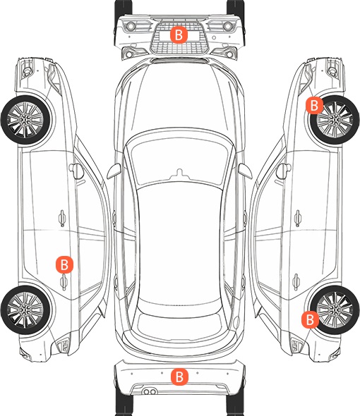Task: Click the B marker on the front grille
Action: pyautogui.click(x=179, y=35)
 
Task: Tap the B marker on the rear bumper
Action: pyautogui.click(x=179, y=377)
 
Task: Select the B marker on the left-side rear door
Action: pyautogui.click(x=64, y=264)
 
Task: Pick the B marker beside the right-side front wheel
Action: pyautogui.click(x=314, y=105)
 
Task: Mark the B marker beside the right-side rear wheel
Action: pyautogui.click(x=310, y=319)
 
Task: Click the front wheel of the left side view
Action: pyautogui.click(x=25, y=120)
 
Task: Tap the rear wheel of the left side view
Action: pyautogui.click(x=25, y=310)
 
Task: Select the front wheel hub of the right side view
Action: pyautogui.click(x=335, y=120)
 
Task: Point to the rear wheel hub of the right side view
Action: pyautogui.click(x=335, y=310)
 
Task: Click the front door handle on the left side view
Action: pyautogui.click(x=62, y=218)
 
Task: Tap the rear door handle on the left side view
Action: pyautogui.click(x=64, y=282)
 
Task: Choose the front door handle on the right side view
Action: pyautogui.click(x=298, y=218)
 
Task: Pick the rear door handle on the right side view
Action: pyautogui.click(x=296, y=282)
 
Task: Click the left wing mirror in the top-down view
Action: pyautogui.click(x=114, y=171)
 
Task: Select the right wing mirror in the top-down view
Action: pyautogui.click(x=245, y=171)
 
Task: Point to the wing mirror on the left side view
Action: pyautogui.click(x=76, y=171)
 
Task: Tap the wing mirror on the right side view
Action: pyautogui.click(x=284, y=171)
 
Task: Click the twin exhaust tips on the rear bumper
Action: pyautogui.click(x=150, y=391)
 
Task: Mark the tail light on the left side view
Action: pyautogui.click(x=63, y=345)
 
